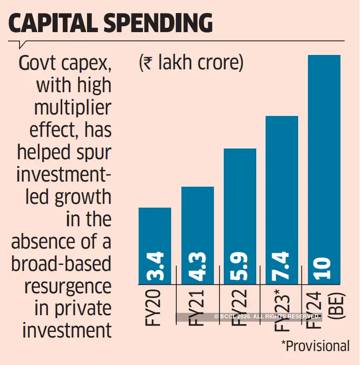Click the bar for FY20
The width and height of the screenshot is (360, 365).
[x=155, y=233]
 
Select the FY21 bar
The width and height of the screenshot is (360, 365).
[x=198, y=223]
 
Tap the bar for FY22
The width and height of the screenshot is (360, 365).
[x=240, y=205]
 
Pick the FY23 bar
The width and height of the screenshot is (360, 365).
[x=282, y=186]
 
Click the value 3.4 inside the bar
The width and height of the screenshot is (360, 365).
[x=155, y=266]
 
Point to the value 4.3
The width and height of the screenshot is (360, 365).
[x=198, y=266]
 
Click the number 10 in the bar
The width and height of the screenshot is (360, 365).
[x=325, y=269]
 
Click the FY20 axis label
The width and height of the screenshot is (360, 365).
[x=155, y=307]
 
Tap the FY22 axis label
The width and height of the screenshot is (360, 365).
[x=240, y=307]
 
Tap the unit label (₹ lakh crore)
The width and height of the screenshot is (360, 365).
[x=191, y=63]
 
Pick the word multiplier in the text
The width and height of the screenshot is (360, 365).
[x=74, y=108]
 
